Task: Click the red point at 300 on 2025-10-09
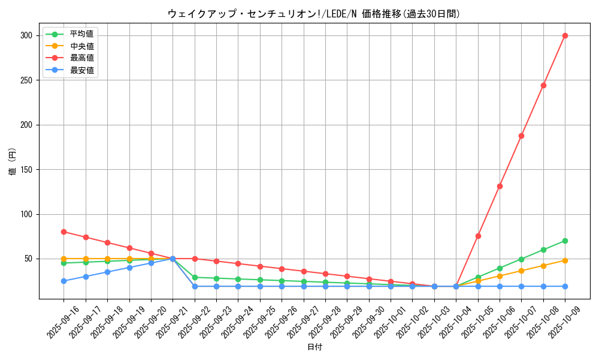tap(565, 35)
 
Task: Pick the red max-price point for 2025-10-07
tap(521, 136)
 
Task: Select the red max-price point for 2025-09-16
tap(63, 232)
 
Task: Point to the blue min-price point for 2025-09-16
tap(63, 281)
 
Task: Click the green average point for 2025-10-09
tap(565, 241)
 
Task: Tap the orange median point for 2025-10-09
tap(565, 260)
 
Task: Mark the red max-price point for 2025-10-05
tap(478, 236)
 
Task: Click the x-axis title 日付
tap(314, 347)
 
